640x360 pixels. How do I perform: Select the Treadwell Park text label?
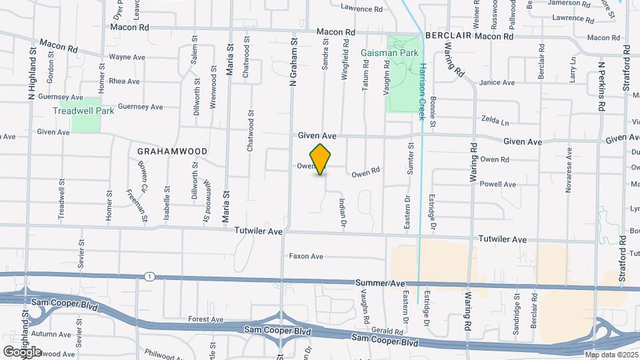(85, 111)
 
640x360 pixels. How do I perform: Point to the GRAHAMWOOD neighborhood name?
(172, 151)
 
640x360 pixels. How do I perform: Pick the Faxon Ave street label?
(306, 256)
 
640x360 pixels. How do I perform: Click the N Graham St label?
(292, 62)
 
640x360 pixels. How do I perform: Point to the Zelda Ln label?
(495, 121)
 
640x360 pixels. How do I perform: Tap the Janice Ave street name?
(497, 83)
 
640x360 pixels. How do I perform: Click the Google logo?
(22, 351)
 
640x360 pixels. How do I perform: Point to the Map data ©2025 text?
(611, 355)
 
